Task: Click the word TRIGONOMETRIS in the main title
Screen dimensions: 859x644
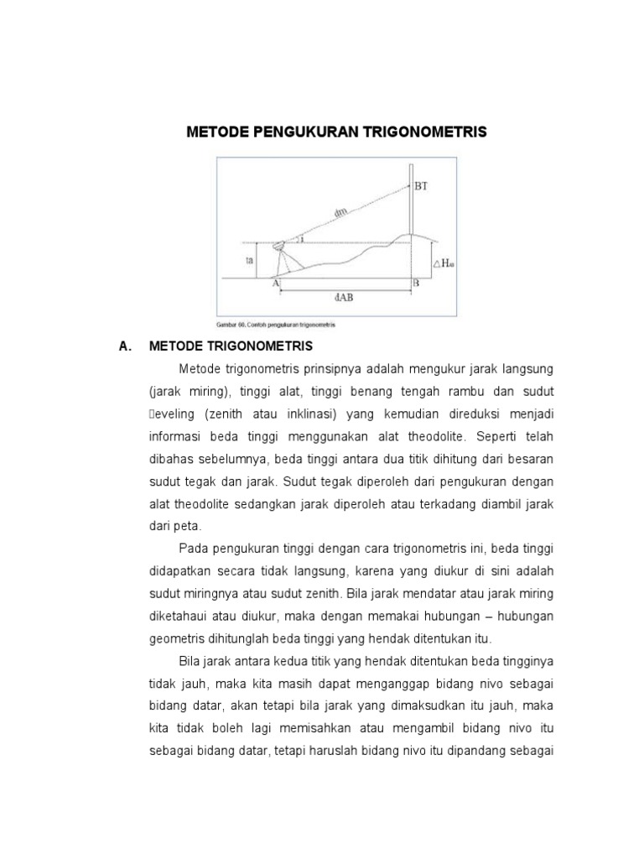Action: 423,133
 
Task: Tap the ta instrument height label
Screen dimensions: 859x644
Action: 249,261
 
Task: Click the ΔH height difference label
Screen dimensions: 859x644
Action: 442,263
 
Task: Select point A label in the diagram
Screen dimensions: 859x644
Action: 275,284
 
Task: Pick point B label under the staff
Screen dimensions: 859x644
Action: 413,284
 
